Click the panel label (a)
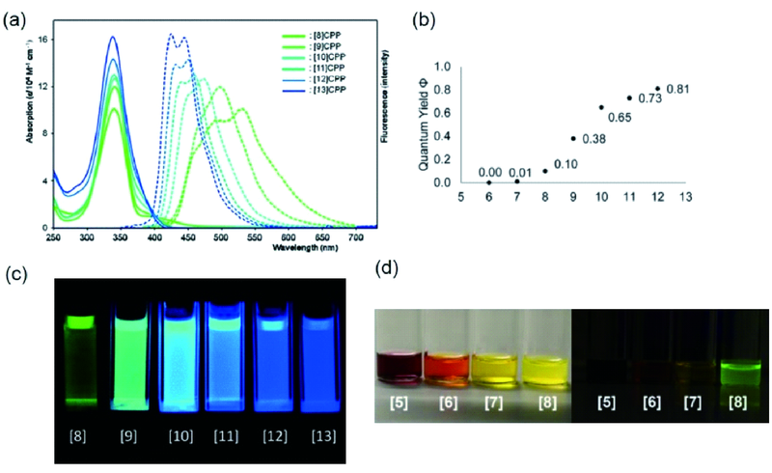pos(15,16)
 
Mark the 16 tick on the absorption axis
pos(43,38)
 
